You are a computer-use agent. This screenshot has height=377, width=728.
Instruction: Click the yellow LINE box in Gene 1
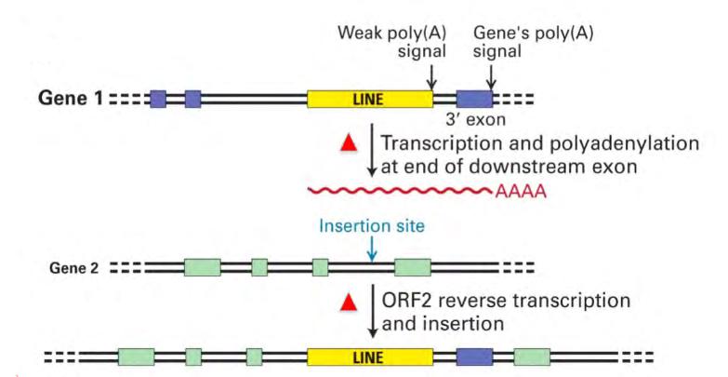tap(369, 99)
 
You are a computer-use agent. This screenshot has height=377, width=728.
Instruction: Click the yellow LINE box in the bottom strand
tap(369, 357)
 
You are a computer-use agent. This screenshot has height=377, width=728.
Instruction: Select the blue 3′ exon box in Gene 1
tap(474, 99)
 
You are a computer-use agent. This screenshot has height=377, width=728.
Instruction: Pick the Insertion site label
tap(371, 226)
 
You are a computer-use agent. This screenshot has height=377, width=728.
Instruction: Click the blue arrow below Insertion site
tap(371, 248)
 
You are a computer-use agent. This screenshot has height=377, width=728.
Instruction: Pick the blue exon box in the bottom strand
tap(474, 357)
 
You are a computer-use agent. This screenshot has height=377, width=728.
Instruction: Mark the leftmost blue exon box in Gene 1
tap(158, 99)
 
